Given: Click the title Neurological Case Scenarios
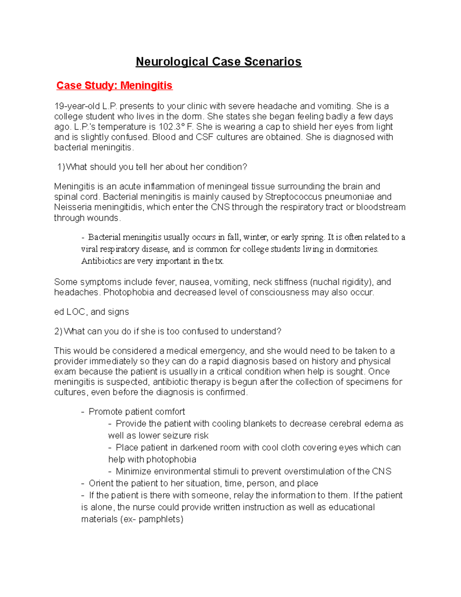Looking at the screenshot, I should point(219,62).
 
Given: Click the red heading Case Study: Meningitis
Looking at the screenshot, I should point(114,85).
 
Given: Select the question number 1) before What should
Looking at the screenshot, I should point(61,167).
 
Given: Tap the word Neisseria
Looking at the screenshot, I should point(73,207).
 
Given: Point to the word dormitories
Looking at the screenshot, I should point(357,249).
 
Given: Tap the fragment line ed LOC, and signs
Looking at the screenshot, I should point(91,312).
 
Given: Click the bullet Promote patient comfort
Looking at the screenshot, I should point(136,412).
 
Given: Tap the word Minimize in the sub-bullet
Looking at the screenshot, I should point(133,471).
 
